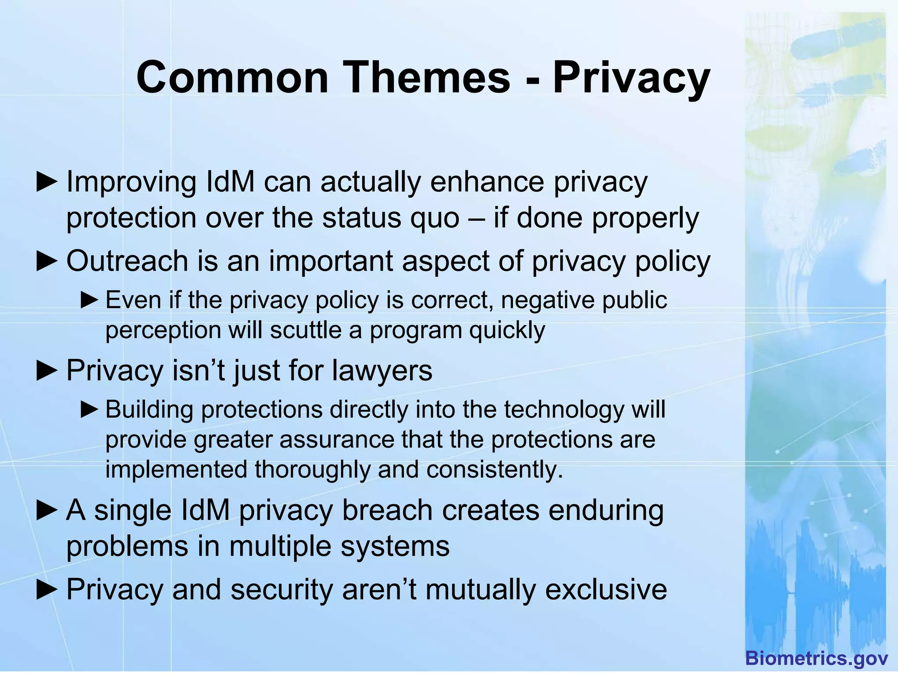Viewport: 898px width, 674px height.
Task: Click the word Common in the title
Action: (x=232, y=78)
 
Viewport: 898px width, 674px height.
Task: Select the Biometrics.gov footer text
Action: (x=816, y=658)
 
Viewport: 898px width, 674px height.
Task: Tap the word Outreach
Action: (x=127, y=261)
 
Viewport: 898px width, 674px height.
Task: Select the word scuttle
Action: (x=306, y=330)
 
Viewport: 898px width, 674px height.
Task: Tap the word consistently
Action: (x=494, y=470)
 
